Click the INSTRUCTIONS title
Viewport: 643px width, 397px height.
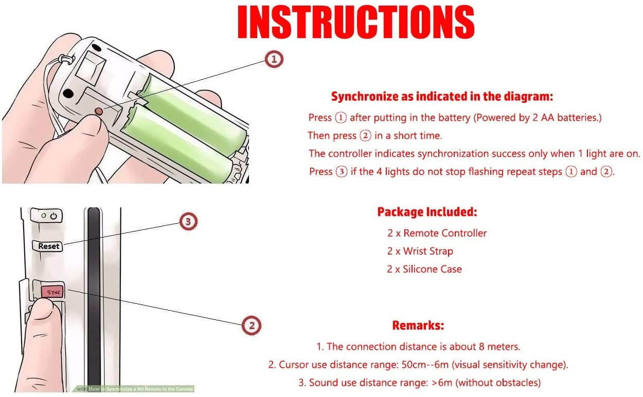[356, 22]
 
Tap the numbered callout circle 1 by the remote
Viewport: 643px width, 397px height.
[274, 59]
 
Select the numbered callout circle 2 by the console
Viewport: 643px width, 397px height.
[252, 326]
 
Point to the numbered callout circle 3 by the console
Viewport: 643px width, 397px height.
[188, 221]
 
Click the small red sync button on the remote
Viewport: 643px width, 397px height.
[98, 111]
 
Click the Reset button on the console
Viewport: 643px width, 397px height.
[48, 246]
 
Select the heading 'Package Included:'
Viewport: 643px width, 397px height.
[427, 212]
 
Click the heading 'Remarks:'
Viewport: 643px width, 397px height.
[418, 325]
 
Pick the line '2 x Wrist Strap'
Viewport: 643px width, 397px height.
[420, 251]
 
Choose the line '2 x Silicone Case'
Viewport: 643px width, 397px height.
[424, 269]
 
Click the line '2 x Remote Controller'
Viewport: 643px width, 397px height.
[437, 233]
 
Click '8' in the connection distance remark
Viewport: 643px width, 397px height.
[481, 347]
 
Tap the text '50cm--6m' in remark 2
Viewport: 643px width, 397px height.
[425, 365]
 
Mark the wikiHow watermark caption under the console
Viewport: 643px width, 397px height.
[135, 389]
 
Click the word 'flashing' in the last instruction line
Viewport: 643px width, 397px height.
[486, 172]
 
